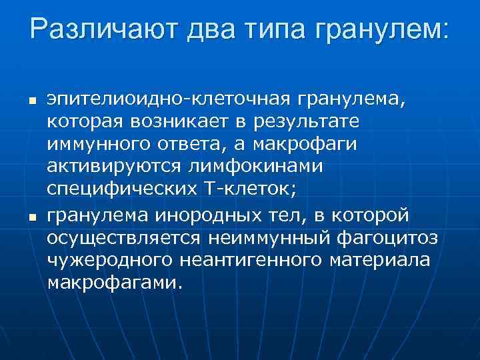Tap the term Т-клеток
246,187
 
